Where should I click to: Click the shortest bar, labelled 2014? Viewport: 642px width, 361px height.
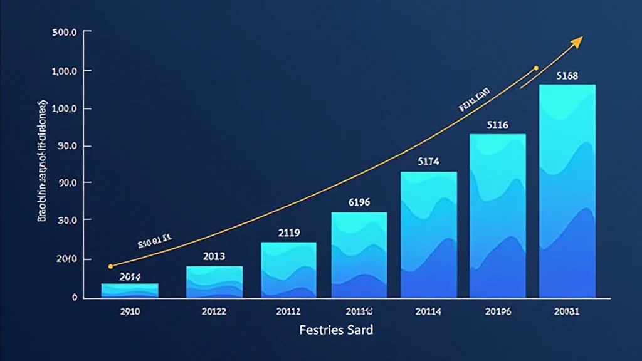(130, 290)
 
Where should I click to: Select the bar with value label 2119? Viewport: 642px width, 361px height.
(288, 269)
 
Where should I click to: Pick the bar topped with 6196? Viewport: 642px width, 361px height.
(359, 254)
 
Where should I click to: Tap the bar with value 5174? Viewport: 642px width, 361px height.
(429, 234)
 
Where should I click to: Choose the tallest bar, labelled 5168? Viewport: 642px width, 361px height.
(567, 191)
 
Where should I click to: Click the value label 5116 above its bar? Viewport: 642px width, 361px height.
(497, 125)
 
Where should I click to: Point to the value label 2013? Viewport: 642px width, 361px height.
(214, 256)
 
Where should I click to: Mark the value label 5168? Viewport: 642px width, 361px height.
(567, 76)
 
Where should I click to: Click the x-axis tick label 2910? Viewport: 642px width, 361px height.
(130, 311)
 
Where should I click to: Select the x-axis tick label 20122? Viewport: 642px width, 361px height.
(214, 311)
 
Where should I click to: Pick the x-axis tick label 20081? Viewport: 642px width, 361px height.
(567, 311)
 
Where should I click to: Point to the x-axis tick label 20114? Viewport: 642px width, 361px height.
(429, 311)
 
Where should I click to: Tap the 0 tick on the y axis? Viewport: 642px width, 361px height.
(75, 297)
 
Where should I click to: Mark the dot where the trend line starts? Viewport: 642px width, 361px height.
(111, 266)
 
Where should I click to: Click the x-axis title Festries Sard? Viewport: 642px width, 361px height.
(336, 330)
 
